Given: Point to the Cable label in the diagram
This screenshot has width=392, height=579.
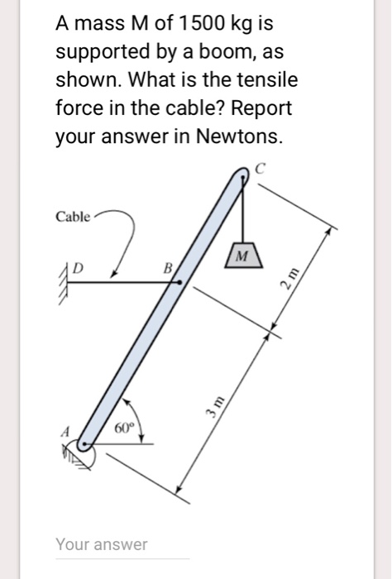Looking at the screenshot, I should click(x=73, y=218).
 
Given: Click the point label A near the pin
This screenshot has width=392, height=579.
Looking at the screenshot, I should click(x=61, y=430).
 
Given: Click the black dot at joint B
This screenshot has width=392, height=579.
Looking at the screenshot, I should click(x=179, y=283).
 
